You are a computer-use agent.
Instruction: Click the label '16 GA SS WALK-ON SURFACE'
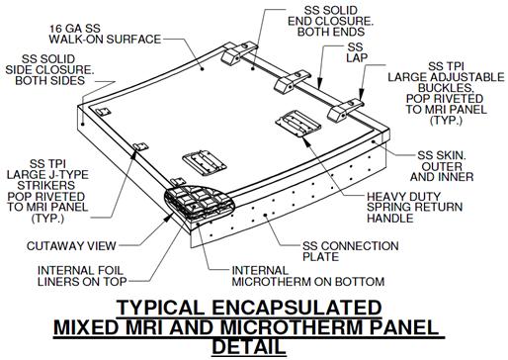(105, 34)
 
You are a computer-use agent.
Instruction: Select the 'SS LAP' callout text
(356, 52)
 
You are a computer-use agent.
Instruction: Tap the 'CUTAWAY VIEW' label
(71, 246)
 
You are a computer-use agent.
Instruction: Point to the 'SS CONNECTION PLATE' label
(351, 251)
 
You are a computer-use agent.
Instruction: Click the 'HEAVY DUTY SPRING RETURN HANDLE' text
(414, 208)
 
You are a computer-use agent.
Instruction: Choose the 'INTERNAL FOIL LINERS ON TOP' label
(82, 276)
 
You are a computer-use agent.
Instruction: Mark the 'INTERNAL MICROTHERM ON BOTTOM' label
(308, 276)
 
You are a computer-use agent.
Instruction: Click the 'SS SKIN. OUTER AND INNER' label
(442, 166)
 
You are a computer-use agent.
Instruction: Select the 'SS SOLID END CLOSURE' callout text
(330, 21)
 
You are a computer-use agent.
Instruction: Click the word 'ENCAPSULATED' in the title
(296, 308)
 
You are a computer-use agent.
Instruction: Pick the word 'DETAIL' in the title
(249, 346)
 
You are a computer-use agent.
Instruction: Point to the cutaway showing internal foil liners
(200, 203)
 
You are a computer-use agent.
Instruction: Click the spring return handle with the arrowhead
(298, 124)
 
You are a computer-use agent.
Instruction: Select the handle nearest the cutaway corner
(205, 162)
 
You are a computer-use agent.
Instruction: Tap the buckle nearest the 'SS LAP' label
(292, 82)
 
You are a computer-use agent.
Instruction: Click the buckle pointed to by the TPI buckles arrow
(345, 110)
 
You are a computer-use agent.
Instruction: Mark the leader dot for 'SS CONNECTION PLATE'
(265, 216)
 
